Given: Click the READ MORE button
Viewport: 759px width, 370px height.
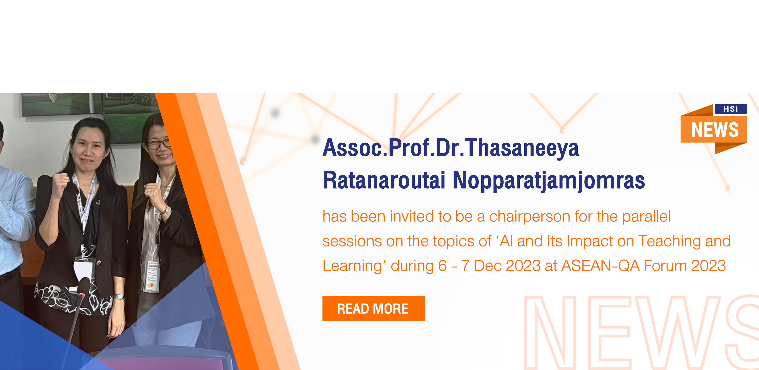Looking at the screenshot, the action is tap(374, 308).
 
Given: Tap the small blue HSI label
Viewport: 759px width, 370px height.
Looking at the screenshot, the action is tap(731, 109).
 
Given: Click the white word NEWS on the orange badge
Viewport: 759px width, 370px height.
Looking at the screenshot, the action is tap(715, 130).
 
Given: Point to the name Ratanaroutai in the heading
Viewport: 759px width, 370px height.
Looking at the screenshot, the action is tap(384, 180).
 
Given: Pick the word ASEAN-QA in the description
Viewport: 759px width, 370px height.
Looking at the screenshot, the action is tap(600, 266).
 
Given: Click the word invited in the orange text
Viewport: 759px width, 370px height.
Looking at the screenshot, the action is tap(412, 216).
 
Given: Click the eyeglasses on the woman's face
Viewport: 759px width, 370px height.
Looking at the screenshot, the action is tap(159, 144).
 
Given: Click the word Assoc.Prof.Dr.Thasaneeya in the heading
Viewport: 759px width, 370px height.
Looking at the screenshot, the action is tap(451, 148).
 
